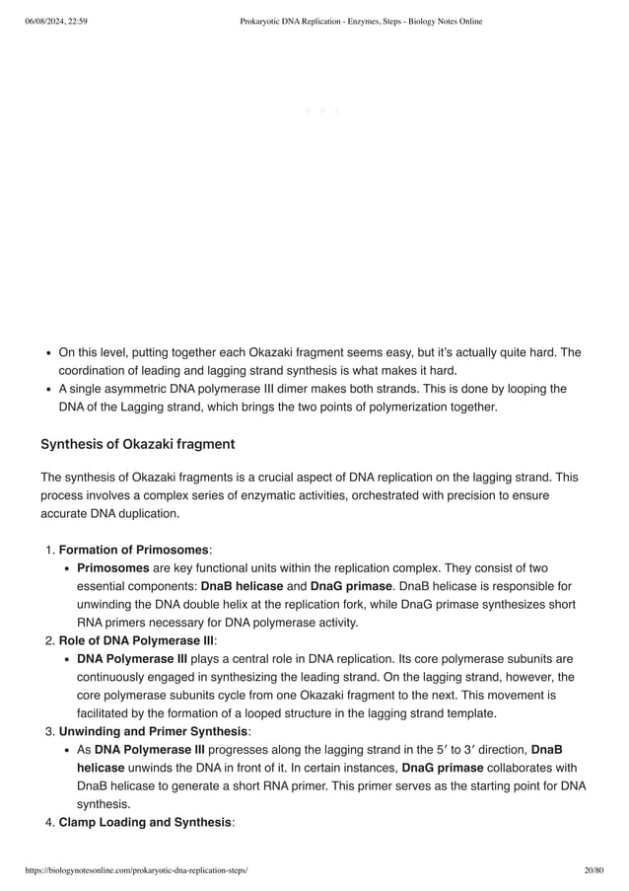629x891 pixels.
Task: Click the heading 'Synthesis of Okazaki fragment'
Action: click(137, 443)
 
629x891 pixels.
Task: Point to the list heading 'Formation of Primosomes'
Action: click(133, 550)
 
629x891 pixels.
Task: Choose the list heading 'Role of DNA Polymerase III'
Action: click(136, 640)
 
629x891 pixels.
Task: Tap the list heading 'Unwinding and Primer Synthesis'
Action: click(153, 731)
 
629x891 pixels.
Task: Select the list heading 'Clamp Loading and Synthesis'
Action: click(144, 822)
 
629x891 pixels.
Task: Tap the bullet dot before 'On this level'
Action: click(48, 352)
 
